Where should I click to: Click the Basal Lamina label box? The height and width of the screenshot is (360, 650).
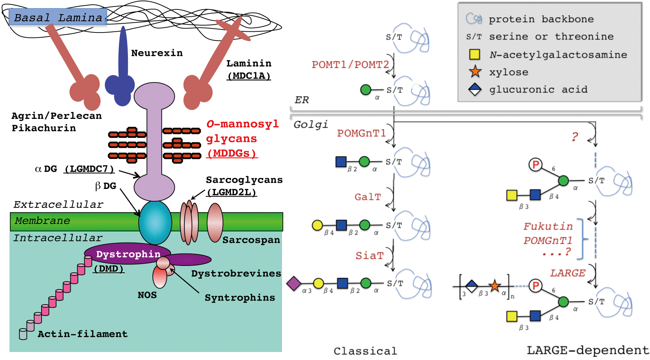58,17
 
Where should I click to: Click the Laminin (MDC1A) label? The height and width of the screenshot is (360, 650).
248,69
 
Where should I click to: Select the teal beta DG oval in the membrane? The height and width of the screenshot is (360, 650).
155,222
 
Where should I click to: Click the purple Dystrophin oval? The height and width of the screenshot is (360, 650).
128,254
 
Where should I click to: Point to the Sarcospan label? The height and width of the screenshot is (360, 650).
251,240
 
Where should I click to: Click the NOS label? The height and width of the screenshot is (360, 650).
147,295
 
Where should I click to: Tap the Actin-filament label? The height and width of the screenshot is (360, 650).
83,334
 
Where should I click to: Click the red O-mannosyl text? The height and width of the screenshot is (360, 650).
243,124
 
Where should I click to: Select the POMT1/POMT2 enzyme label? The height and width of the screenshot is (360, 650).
350,65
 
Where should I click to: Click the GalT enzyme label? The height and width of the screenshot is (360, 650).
367,197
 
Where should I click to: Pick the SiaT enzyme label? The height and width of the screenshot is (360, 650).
369,256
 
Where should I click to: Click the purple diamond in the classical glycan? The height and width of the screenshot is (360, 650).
294,283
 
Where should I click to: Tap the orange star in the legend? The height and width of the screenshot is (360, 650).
475,71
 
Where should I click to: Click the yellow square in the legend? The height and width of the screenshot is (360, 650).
474,54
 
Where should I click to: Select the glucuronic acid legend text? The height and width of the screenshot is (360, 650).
538,89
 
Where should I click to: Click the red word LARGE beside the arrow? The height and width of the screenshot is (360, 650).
567,273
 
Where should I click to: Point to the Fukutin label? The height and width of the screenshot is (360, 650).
548,227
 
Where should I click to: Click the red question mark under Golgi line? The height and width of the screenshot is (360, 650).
575,137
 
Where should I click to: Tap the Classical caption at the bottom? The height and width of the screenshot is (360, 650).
365,351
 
